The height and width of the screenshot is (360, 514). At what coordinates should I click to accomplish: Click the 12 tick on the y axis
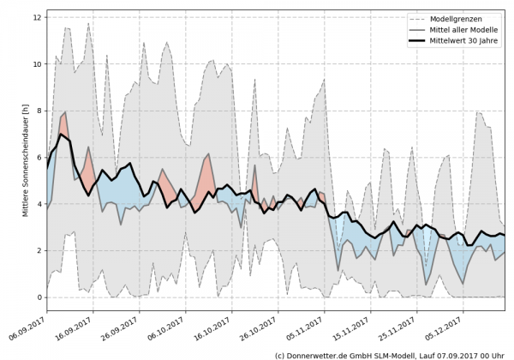coord(37,17)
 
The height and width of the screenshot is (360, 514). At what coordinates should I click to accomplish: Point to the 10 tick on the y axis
coord(37,64)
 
